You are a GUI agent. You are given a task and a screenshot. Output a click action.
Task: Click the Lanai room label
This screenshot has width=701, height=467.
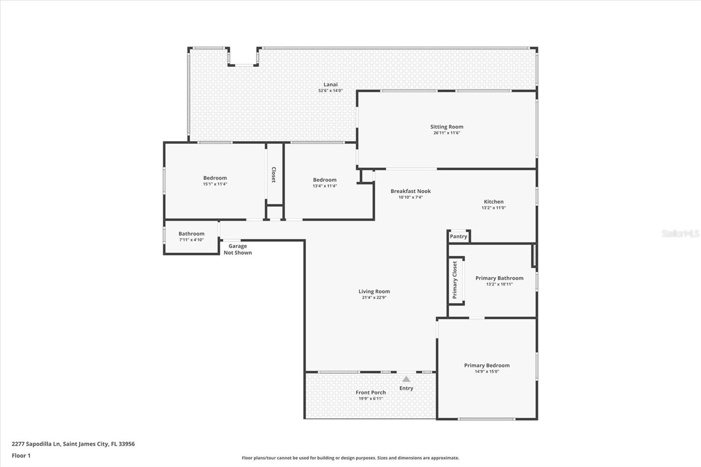click(330, 84)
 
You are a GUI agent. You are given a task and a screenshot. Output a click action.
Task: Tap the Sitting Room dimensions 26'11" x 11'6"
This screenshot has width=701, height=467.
click(446, 133)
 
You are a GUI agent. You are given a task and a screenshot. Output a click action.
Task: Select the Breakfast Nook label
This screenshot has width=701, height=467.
click(411, 191)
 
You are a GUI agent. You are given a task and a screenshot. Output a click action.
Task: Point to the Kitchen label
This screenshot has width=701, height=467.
click(494, 202)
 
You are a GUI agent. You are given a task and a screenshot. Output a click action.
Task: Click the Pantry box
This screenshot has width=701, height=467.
click(459, 236)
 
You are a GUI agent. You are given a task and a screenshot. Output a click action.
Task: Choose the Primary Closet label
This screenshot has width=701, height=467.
click(455, 280)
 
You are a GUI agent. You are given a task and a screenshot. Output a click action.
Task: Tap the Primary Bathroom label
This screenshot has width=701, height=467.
click(499, 278)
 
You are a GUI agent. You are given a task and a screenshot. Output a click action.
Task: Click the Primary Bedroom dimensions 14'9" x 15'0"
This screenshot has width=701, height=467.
click(487, 371)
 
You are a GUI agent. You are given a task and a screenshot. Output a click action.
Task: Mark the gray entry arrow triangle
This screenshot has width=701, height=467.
click(406, 379)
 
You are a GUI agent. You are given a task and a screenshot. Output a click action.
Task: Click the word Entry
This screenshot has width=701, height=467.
click(406, 388)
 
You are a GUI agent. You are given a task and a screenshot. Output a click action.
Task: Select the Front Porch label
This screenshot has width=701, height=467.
click(371, 393)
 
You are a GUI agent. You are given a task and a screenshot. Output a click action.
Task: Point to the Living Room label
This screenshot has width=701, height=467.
click(374, 291)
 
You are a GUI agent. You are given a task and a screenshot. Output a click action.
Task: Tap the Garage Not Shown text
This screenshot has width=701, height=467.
click(237, 249)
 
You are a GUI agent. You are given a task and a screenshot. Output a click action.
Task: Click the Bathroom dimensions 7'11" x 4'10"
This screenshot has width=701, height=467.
click(191, 240)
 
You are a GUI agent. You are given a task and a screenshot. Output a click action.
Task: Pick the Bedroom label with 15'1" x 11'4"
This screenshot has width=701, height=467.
click(215, 178)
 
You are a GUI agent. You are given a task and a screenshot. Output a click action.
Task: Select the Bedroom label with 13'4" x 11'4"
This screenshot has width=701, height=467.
click(325, 180)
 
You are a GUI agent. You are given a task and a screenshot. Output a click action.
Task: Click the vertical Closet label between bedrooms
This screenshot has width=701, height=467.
click(273, 175)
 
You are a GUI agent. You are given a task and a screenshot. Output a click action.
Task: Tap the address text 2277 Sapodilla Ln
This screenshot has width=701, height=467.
click(35, 444)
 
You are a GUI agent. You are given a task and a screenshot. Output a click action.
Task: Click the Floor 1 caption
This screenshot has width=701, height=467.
click(21, 456)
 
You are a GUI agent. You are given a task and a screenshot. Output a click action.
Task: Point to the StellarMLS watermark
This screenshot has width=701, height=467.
click(680, 233)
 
